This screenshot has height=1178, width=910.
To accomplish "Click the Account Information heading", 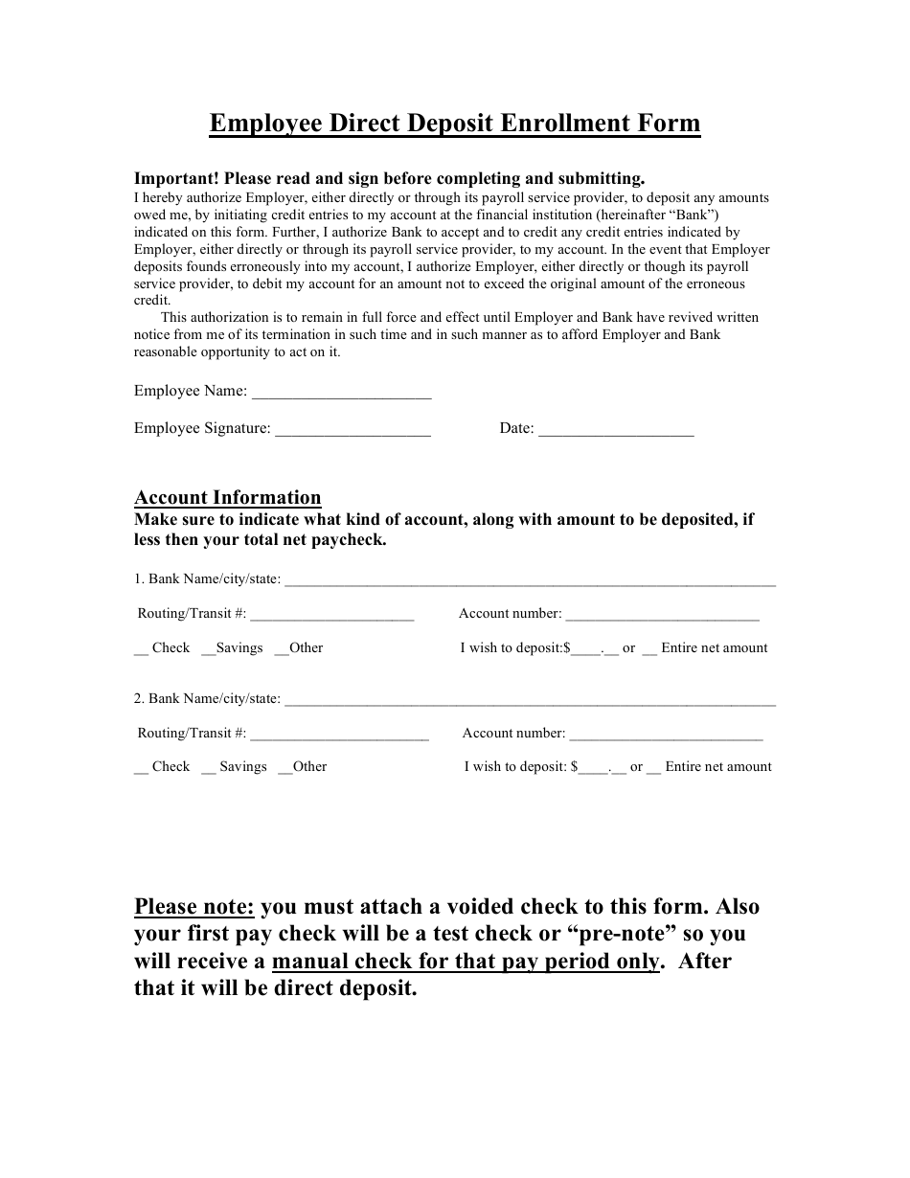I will pos(228,497).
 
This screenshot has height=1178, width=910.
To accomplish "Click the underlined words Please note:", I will pos(194,906).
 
